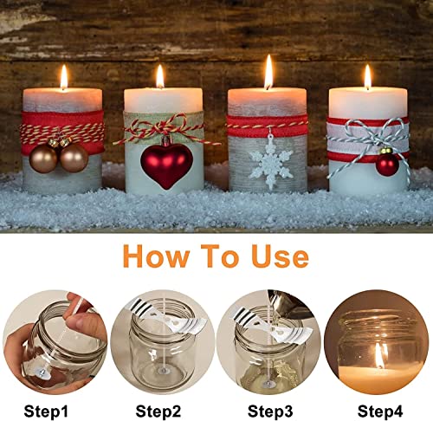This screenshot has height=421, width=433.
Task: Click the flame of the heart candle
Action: tap(159, 76)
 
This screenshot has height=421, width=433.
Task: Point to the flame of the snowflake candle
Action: tap(268, 72)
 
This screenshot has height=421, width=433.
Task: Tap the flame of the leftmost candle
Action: tap(63, 77)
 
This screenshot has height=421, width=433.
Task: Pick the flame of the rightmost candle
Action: tap(367, 76)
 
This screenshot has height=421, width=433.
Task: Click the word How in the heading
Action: tap(156, 257)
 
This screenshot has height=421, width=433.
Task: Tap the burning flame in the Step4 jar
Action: tap(379, 353)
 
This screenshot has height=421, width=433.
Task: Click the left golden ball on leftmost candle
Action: tap(42, 158)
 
